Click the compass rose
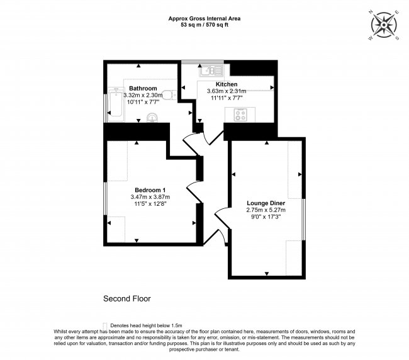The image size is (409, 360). [384, 25]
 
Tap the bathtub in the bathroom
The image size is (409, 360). [115, 106]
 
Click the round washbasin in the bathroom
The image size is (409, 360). [152, 116]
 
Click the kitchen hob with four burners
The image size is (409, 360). [240, 114]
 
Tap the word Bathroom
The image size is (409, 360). [143, 88]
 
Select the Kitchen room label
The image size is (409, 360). [227, 84]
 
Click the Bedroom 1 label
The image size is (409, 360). [150, 190]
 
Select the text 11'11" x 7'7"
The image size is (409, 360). [226, 98]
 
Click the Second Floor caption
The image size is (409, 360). [126, 298]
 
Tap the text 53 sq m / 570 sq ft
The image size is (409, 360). [204, 26]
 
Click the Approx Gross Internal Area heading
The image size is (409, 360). [204, 19]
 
